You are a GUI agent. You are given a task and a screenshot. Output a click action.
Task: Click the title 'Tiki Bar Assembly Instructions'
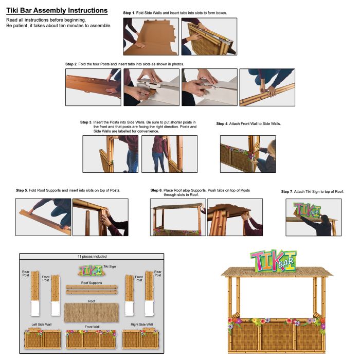coord(57,10)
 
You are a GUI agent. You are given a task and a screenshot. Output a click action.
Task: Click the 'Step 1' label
coord(130,12)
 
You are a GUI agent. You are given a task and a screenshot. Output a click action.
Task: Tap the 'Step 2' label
coord(71,64)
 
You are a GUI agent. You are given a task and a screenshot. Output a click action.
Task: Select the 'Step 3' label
coord(86,122)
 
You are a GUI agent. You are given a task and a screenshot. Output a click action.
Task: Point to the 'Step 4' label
coord(222,124)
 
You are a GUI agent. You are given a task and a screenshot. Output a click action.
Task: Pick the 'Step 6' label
coord(156,190)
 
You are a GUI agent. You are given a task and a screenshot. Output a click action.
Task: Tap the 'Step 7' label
coord(287,192)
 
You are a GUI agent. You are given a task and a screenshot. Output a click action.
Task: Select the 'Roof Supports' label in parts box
coord(92,283)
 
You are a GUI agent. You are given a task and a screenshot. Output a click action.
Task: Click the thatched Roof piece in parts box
coord(92,313)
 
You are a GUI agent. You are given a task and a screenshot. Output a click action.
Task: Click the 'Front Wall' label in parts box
coord(92,326)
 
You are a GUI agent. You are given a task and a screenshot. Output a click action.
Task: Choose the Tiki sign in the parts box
coord(89,270)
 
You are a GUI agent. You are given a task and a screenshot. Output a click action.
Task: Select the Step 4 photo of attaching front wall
coord(247,154)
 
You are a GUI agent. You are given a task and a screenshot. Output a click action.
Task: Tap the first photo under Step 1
coord(151,37)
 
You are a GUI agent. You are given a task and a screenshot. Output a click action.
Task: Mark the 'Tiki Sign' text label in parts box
coord(109,266)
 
